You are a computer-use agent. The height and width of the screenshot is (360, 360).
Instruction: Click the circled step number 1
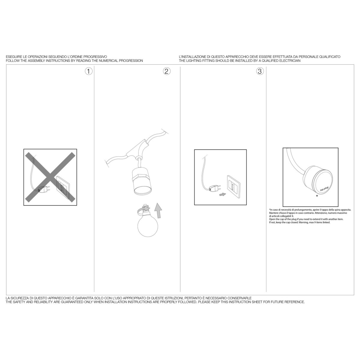coord(89,71)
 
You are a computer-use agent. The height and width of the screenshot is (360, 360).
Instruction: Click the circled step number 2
coord(166,71)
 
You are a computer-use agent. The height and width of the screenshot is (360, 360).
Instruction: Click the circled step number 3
coord(260,71)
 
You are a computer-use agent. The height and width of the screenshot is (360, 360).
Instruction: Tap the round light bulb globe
coord(148,226)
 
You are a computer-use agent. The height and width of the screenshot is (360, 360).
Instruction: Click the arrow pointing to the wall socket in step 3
coord(223,194)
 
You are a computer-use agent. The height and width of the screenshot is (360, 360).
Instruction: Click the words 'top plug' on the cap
coord(324,189)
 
